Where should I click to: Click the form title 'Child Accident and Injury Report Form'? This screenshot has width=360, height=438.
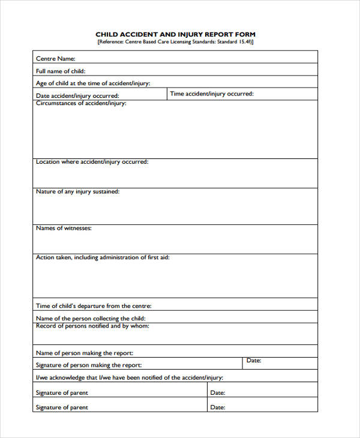click(175, 35)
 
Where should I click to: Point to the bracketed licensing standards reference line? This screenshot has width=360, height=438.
click(175, 43)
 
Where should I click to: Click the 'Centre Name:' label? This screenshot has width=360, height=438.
click(56, 59)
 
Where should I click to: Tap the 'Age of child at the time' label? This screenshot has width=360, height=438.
click(93, 83)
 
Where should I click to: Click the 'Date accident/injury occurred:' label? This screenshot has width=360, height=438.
click(77, 96)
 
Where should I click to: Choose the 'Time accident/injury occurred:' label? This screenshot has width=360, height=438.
click(212, 94)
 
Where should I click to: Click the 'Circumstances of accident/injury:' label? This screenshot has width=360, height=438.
click(81, 103)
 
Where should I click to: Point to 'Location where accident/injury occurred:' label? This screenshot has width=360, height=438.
click(92, 162)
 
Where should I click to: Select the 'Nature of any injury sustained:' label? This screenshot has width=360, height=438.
click(77, 192)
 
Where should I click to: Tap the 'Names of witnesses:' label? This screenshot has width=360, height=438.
click(64, 229)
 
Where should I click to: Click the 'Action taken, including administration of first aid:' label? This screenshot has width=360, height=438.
click(103, 257)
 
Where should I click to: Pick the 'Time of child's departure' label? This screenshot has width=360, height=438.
click(94, 306)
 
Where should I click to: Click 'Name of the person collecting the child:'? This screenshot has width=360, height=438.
click(91, 319)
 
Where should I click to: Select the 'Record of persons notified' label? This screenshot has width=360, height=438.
click(92, 326)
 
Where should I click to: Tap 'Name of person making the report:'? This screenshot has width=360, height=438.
click(85, 353)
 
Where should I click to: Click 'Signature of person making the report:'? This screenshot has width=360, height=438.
click(89, 365)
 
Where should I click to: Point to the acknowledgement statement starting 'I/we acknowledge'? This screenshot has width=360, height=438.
click(130, 378)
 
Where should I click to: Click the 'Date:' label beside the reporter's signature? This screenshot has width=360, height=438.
click(254, 361)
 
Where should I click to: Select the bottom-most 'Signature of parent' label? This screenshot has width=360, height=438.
click(62, 407)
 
